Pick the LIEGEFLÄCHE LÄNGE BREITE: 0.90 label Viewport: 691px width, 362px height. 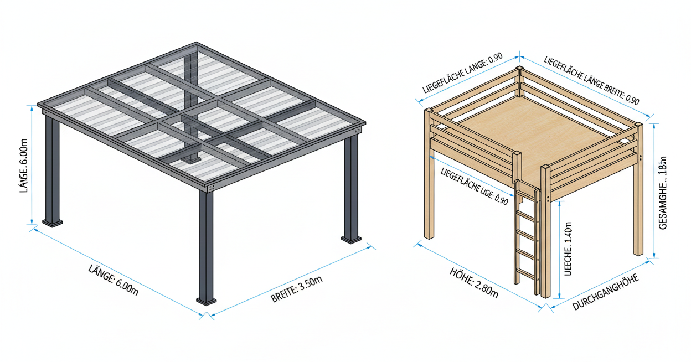(x=592, y=81)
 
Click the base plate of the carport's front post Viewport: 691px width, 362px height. (x=207, y=301)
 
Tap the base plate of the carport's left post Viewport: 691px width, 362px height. (x=54, y=223)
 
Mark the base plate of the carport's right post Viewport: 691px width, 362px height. (x=351, y=240)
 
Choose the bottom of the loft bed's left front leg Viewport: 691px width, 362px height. (x=429, y=235)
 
